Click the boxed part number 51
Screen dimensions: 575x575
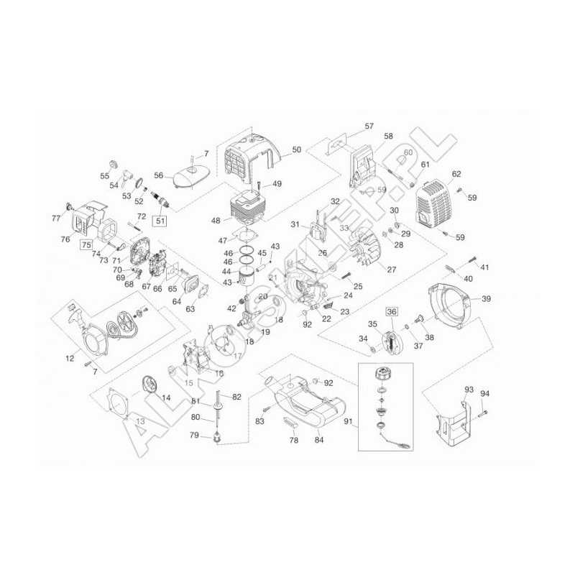point(161,221)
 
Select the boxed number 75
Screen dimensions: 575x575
point(87,244)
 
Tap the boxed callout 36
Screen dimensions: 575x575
point(391,311)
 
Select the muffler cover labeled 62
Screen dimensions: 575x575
point(435,203)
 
